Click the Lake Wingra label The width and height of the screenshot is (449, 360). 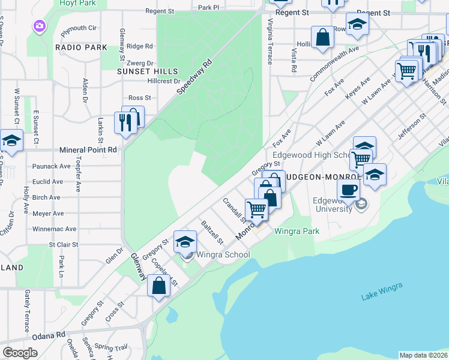[x=382, y=291]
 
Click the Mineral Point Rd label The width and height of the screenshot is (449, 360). [x=88, y=150]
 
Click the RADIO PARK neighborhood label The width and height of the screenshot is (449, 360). [x=81, y=47]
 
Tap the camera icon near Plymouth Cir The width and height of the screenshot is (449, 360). [x=40, y=26]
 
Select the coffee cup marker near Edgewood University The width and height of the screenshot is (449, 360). [x=348, y=191]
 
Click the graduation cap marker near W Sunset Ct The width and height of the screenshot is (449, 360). [x=11, y=141]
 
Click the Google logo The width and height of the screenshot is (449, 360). [x=20, y=352]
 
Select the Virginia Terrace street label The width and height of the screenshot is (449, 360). [x=270, y=41]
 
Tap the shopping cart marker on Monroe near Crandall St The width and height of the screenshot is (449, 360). [x=256, y=210]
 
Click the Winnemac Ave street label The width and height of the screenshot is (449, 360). [x=55, y=229]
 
